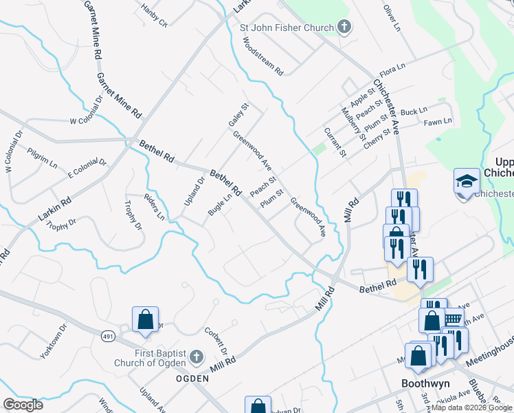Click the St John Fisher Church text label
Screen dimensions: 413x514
click(x=287, y=28)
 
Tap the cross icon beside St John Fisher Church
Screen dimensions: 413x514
click(x=344, y=28)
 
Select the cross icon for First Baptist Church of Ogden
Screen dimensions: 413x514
click(x=196, y=357)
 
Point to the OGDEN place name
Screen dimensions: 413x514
click(x=192, y=379)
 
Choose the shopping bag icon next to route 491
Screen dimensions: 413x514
click(x=146, y=319)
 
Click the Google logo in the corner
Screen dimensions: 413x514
click(x=23, y=404)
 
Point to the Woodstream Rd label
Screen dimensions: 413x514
click(x=263, y=55)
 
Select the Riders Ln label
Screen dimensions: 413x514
click(x=154, y=205)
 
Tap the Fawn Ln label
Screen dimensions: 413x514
click(x=438, y=121)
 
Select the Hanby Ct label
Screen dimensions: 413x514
click(x=154, y=17)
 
